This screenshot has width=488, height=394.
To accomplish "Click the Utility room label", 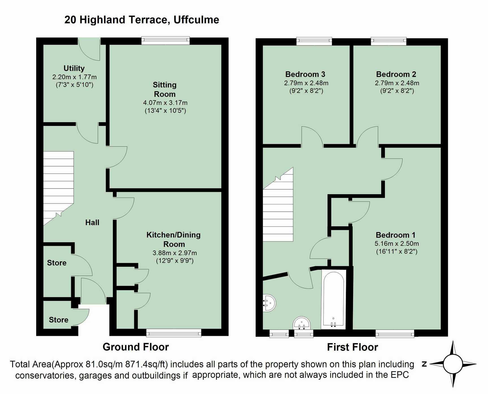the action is point(74,68).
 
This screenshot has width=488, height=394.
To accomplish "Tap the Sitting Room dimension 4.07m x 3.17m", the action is point(165,103).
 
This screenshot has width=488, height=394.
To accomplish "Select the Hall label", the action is point(92,222).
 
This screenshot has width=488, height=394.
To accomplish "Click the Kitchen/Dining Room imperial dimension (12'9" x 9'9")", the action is point(175,261).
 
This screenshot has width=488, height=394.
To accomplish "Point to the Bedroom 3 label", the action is point(305,74).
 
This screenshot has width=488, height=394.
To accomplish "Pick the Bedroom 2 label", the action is point(396,74).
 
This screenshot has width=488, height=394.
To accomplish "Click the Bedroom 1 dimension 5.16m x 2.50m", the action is point(397,244).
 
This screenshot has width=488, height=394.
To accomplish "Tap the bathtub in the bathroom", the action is point(334,299).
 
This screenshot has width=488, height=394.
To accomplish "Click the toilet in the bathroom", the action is point(302,323).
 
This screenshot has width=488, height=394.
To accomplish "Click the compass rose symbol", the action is point(453,364).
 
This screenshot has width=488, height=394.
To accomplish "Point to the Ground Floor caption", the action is point(136,347).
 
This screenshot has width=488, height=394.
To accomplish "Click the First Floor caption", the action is point(352,347).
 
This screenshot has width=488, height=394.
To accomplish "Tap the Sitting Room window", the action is point(165,41).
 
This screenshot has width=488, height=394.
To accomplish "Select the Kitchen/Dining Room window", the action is point(174,333).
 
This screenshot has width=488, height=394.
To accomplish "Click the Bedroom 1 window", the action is point(395,333).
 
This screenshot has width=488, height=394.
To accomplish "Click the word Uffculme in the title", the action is point(196,20).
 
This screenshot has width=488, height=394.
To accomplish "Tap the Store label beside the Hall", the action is point(57,263).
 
